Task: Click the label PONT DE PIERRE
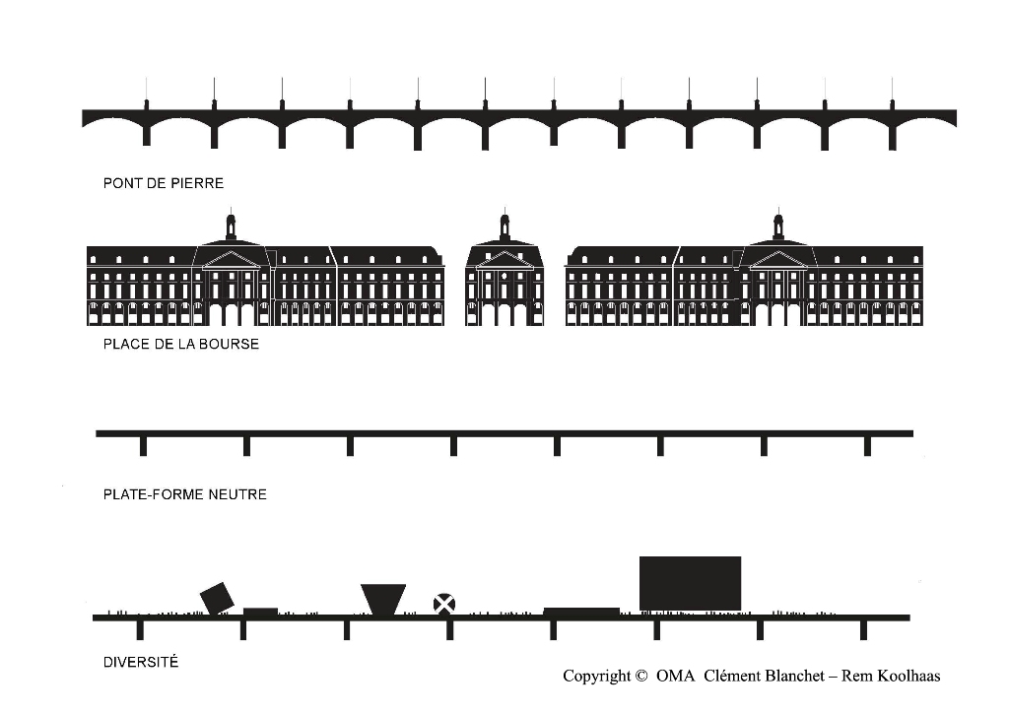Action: coord(164,183)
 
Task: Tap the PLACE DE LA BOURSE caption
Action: coord(181,344)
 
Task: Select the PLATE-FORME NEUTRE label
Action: coord(184,494)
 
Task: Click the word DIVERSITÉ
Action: coord(141,662)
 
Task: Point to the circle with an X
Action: coord(444,605)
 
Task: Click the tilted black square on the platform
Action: coord(217,598)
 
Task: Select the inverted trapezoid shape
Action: coord(383,600)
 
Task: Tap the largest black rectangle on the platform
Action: coord(691,583)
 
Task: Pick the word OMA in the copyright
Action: coord(676,676)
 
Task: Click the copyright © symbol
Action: coord(640,676)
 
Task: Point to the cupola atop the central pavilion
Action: coord(504,226)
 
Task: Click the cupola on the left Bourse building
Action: coord(231,226)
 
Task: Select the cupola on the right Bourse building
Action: coord(778,226)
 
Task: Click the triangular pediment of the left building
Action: coord(232,260)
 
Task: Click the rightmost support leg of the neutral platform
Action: coord(867,446)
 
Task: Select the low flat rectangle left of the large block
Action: coord(581,612)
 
